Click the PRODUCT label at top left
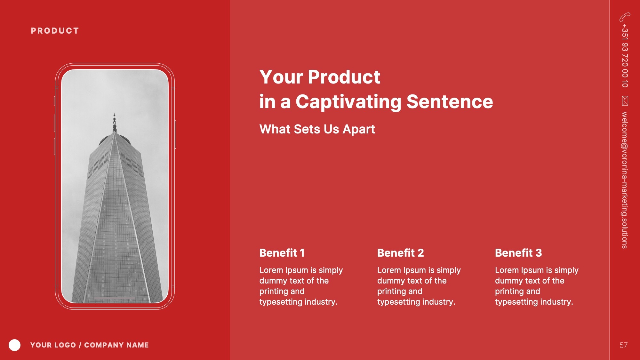[x=55, y=31]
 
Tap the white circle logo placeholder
[x=14, y=345]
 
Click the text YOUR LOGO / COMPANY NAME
[x=90, y=345]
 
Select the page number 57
[x=623, y=345]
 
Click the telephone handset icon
[x=625, y=17]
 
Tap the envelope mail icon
[x=625, y=100]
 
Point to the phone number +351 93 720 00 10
[x=625, y=56]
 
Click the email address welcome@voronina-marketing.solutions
[x=625, y=180]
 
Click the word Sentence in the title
[x=450, y=102]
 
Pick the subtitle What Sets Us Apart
[x=317, y=129]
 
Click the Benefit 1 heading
[x=282, y=253]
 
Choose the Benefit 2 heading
[x=400, y=253]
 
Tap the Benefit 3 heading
[x=518, y=253]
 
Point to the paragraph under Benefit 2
[x=419, y=286]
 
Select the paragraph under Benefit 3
[x=537, y=286]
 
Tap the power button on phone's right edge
[x=175, y=134]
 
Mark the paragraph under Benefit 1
[x=301, y=286]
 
